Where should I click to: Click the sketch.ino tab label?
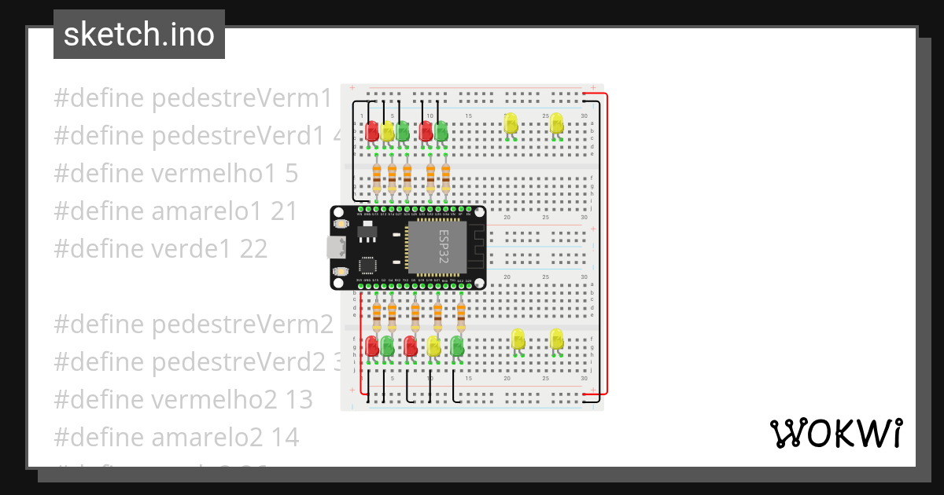(x=139, y=35)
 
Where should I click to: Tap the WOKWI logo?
(x=835, y=433)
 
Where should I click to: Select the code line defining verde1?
(x=160, y=249)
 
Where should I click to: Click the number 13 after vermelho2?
(x=299, y=400)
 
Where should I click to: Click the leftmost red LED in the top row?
(x=372, y=130)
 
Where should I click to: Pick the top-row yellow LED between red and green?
(x=387, y=130)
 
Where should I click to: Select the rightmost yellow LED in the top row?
(x=557, y=123)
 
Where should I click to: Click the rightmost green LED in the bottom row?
(x=456, y=346)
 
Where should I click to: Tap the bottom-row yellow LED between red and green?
(x=433, y=346)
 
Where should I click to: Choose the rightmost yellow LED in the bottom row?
(x=557, y=339)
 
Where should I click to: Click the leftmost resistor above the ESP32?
(x=376, y=178)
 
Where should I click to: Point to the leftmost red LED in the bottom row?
(x=372, y=346)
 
